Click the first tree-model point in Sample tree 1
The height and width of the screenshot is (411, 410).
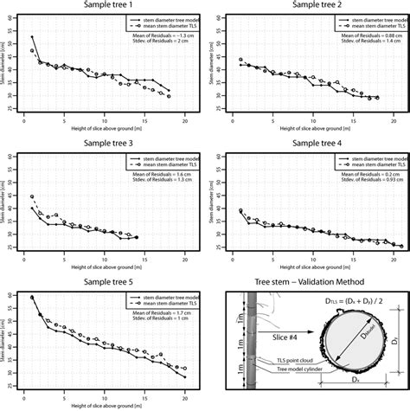32,37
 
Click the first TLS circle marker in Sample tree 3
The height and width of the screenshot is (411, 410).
32,197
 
